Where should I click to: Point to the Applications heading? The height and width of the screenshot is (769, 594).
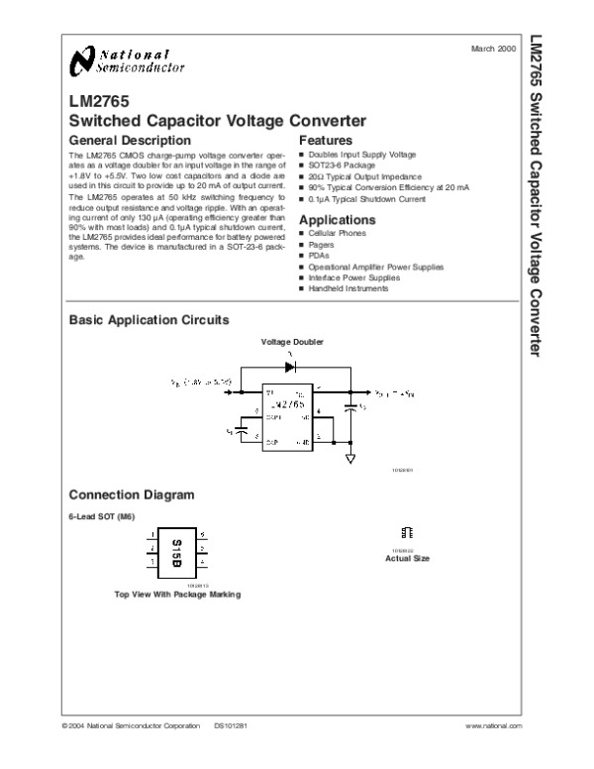click(x=338, y=219)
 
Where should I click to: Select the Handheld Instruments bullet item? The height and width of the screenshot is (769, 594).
click(x=348, y=288)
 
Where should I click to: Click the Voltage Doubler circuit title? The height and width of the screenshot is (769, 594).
click(x=292, y=342)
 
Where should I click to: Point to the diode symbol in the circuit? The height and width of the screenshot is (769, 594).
click(x=290, y=365)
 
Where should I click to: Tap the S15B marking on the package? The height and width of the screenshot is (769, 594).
click(x=177, y=550)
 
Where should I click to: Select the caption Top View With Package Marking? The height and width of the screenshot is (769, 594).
click(x=177, y=595)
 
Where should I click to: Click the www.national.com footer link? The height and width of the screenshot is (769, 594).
click(x=492, y=726)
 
